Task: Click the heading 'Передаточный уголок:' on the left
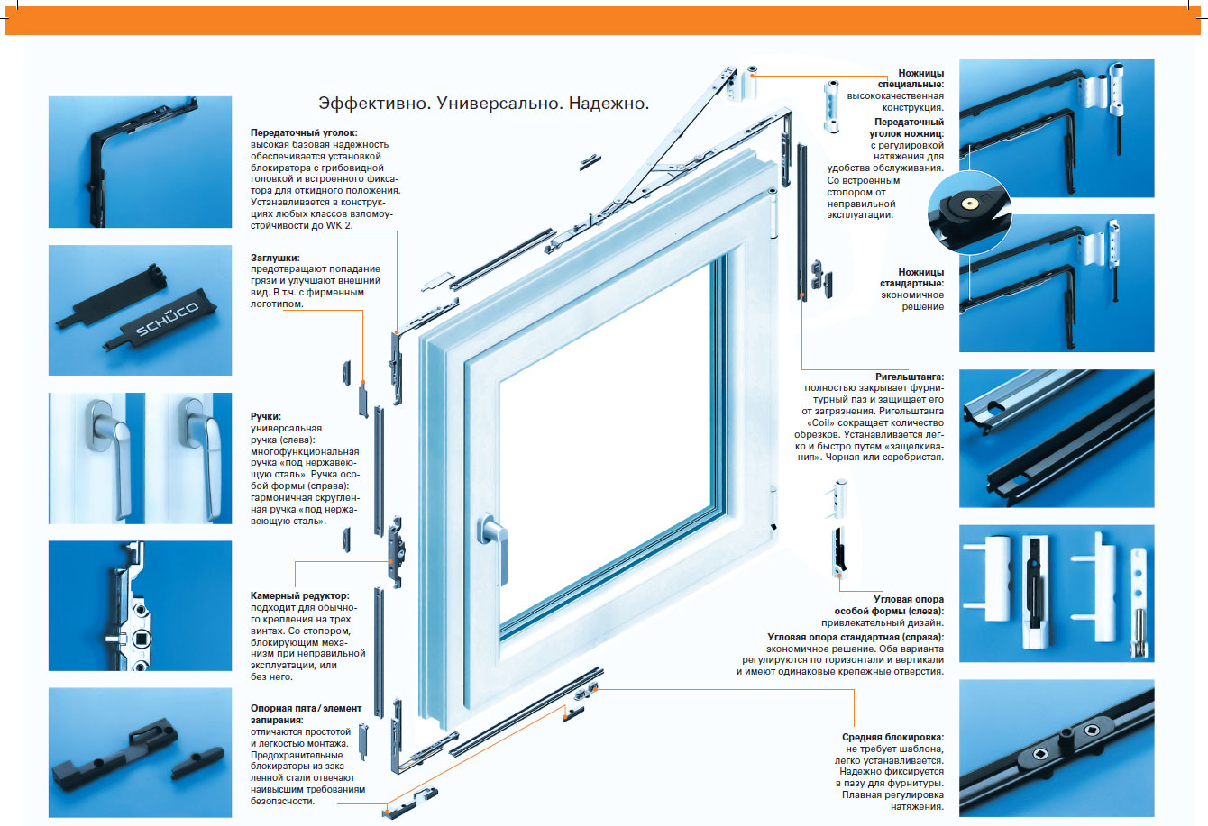click(x=298, y=132)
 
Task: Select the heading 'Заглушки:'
click(x=276, y=258)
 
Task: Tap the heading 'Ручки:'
click(x=266, y=417)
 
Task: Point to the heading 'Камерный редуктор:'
click(x=299, y=596)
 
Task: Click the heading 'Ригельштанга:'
click(x=910, y=377)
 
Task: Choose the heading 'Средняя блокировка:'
click(x=892, y=738)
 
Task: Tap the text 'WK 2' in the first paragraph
click(x=364, y=225)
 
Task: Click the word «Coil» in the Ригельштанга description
click(x=818, y=423)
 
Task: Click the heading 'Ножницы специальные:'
click(x=920, y=78)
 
